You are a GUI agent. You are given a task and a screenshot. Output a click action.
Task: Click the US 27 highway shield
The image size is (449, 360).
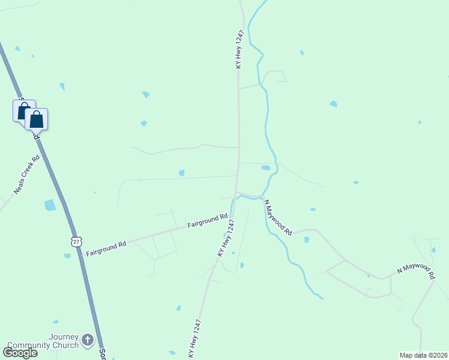pos(75,241)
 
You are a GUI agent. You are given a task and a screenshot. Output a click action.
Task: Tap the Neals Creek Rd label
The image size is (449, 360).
pos(27,175)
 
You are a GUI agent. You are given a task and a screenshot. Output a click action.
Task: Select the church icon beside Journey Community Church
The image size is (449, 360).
pos(88,341)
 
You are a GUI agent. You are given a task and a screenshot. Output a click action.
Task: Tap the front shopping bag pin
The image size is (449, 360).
pos(37,119)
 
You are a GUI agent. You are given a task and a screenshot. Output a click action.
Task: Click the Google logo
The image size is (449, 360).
pos(20,352)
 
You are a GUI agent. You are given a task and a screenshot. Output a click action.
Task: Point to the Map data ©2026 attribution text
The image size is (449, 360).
pos(424,355)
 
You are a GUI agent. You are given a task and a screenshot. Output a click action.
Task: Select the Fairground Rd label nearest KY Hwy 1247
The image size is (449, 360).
pos(207,221)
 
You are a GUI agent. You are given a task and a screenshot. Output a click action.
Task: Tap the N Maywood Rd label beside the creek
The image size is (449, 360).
pos(277,218)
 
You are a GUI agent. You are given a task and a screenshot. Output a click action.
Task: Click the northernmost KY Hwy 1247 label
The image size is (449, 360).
pos(239,49)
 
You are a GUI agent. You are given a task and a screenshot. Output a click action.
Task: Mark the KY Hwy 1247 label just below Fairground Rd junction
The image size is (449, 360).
pos(226,239)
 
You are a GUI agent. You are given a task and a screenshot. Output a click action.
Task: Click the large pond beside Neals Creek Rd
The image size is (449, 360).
pos(50,205)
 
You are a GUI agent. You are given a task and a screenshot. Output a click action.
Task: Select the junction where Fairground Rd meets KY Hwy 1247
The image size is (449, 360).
pos(232,214)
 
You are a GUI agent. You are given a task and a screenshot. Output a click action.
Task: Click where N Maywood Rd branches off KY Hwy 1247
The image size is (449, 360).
pos(237,192)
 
